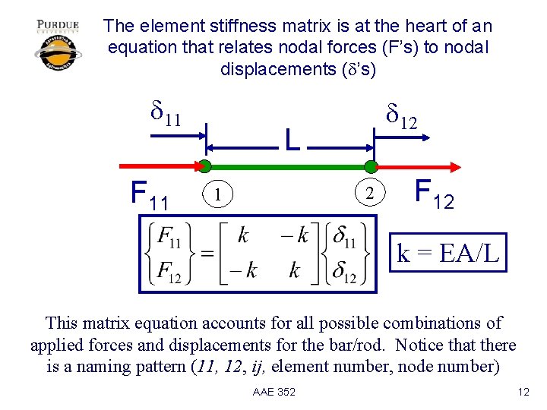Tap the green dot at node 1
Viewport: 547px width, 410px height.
[205, 166]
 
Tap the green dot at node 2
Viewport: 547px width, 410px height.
[370, 166]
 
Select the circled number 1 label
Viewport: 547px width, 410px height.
[218, 194]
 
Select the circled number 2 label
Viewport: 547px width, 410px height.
[370, 194]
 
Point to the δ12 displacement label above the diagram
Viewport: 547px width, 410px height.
[401, 116]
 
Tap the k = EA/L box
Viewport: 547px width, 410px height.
[448, 253]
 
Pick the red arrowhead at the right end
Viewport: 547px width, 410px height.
[455, 166]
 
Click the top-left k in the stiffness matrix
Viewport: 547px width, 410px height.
[242, 236]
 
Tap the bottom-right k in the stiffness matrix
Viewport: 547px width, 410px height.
[296, 270]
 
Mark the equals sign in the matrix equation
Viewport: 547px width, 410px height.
[206, 254]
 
